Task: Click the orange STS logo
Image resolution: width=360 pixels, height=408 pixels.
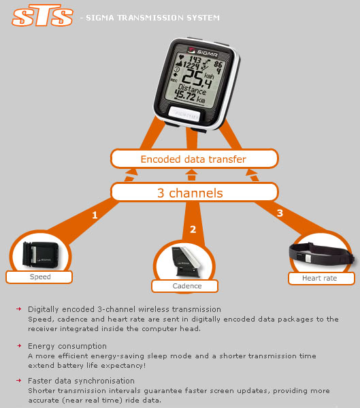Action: coord(42,16)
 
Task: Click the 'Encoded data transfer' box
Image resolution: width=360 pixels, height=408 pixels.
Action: coord(194,159)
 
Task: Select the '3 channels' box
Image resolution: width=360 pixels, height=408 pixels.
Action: coord(194,192)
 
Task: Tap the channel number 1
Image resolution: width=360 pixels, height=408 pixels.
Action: coord(95,215)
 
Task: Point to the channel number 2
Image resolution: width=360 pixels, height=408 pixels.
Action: coord(193,230)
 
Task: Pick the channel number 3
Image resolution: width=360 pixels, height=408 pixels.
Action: coord(280,213)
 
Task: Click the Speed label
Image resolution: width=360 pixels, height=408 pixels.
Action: coord(40,277)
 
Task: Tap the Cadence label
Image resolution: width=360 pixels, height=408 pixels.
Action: coord(187,286)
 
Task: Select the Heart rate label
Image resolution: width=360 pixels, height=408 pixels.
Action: coord(319,278)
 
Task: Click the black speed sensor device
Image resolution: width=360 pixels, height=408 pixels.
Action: coord(41,255)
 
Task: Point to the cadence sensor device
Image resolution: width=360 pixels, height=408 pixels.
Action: coord(186,261)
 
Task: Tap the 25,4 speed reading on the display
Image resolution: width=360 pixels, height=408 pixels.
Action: coord(197,78)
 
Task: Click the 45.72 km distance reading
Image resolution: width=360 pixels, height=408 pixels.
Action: coord(189,96)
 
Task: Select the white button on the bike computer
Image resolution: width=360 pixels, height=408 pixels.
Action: coord(184,114)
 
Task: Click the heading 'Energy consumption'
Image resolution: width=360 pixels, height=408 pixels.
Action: coord(67,346)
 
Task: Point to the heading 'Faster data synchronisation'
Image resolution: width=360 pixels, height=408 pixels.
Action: coord(81,381)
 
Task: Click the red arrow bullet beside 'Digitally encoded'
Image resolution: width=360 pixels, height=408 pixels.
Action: coord(19,309)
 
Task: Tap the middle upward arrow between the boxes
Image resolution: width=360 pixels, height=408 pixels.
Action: coord(191,175)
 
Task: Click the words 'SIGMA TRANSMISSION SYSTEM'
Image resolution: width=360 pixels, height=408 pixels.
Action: coord(152,18)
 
